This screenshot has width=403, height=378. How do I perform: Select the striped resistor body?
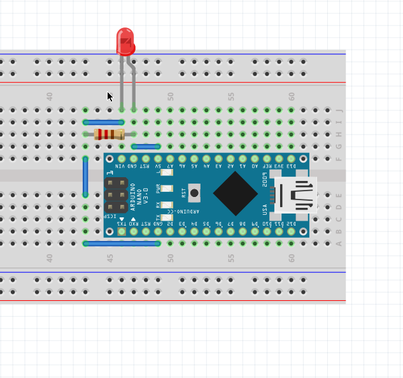[109, 134]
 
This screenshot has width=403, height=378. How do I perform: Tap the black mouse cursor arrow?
[110, 96]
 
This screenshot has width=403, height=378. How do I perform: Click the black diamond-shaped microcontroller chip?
[236, 193]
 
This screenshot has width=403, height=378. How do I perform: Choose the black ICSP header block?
[116, 194]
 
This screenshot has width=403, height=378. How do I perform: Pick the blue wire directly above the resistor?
[104, 122]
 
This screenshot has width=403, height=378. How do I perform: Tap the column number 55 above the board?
[231, 96]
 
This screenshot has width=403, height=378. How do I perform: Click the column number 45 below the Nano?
[110, 258]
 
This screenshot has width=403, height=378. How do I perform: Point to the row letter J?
[339, 110]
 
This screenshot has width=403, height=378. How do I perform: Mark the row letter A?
[339, 244]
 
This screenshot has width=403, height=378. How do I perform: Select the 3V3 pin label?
[279, 166]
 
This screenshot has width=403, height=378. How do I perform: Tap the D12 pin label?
[292, 224]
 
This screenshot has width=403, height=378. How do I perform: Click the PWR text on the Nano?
[158, 189]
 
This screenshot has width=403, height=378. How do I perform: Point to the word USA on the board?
[265, 209]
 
